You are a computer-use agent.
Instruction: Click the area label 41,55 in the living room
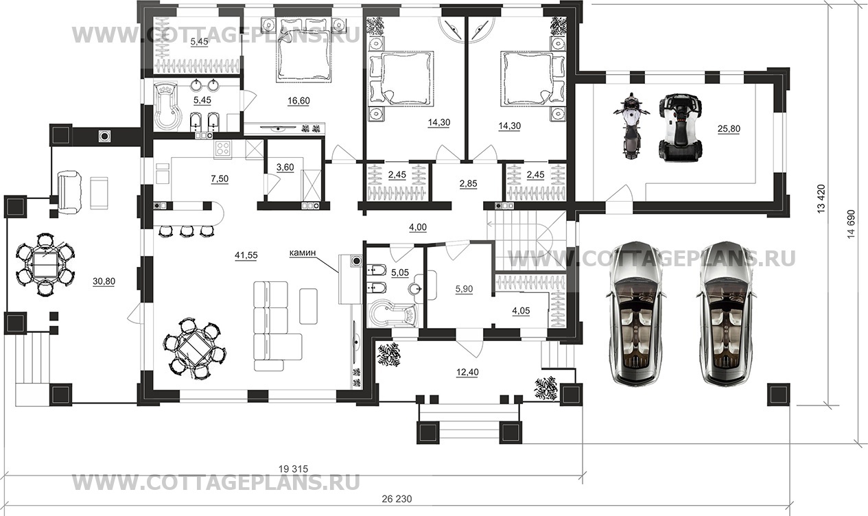click(246, 255)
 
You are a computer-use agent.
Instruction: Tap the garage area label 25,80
click(729, 128)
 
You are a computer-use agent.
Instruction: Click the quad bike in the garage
click(681, 127)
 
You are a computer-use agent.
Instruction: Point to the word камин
click(302, 253)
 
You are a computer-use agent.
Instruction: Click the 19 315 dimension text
click(294, 469)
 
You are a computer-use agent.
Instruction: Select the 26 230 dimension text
click(397, 499)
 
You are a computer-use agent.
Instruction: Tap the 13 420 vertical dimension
click(821, 198)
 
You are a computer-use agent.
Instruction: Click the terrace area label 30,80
click(104, 281)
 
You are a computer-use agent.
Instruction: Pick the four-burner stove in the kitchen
click(224, 149)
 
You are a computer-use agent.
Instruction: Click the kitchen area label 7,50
click(220, 179)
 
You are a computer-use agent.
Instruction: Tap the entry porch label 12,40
click(467, 373)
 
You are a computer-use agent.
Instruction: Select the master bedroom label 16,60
click(298, 101)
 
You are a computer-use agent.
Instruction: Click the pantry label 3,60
click(285, 167)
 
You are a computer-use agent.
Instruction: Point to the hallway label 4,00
click(418, 227)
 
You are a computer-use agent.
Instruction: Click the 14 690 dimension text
click(851, 224)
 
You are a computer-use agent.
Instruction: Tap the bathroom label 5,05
click(400, 272)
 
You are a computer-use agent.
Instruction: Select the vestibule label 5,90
click(464, 289)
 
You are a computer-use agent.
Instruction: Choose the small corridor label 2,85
click(469, 184)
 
